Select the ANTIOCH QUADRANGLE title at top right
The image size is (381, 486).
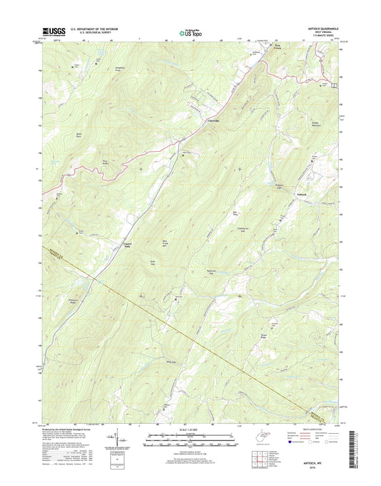(x=319, y=29)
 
